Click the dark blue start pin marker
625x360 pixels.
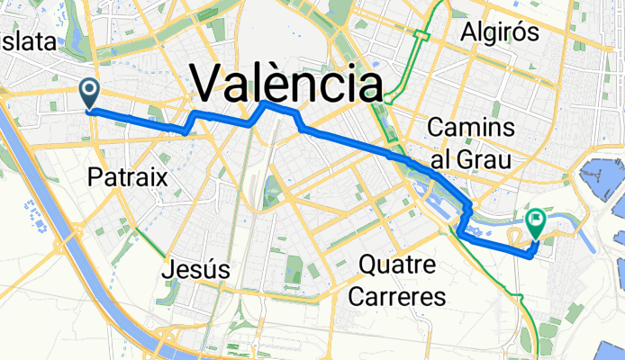pos(91,91)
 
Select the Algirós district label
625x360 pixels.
pos(499,32)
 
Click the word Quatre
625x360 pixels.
pos(397,265)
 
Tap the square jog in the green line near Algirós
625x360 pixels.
pos(421,36)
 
